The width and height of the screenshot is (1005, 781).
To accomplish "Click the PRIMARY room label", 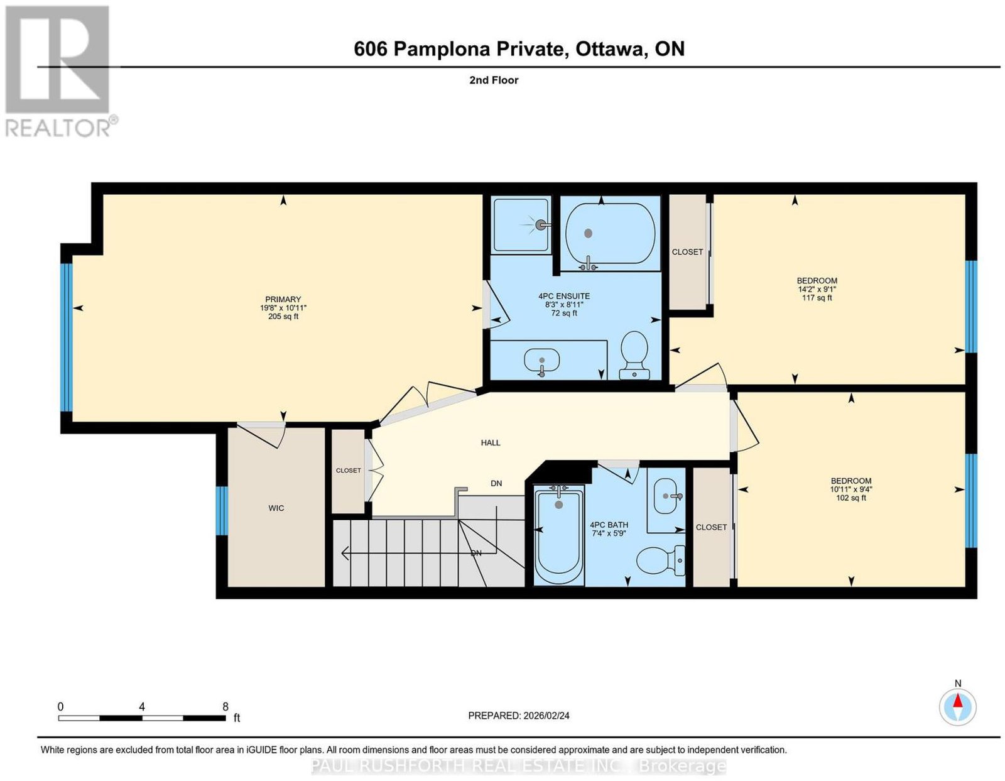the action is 283,299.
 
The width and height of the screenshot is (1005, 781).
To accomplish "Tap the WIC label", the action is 276,508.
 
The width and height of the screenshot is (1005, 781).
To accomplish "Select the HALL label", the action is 491,442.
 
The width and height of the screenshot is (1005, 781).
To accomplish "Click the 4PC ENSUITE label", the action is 564,296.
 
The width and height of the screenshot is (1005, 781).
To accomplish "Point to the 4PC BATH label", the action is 609,525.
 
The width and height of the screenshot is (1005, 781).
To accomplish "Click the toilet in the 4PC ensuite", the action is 634,355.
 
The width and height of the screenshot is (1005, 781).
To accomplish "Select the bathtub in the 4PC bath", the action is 559,535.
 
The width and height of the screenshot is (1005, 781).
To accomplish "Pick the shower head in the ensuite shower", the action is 540,225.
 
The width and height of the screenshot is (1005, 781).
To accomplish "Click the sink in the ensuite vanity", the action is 541,360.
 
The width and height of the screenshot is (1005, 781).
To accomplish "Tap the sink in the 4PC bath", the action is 666,496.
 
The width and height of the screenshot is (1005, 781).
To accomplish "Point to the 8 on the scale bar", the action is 225,707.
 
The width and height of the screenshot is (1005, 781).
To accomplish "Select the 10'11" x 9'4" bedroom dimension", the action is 851,489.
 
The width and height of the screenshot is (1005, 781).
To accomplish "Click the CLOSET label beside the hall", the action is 348,470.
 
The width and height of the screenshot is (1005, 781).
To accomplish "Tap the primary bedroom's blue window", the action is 67,337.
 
